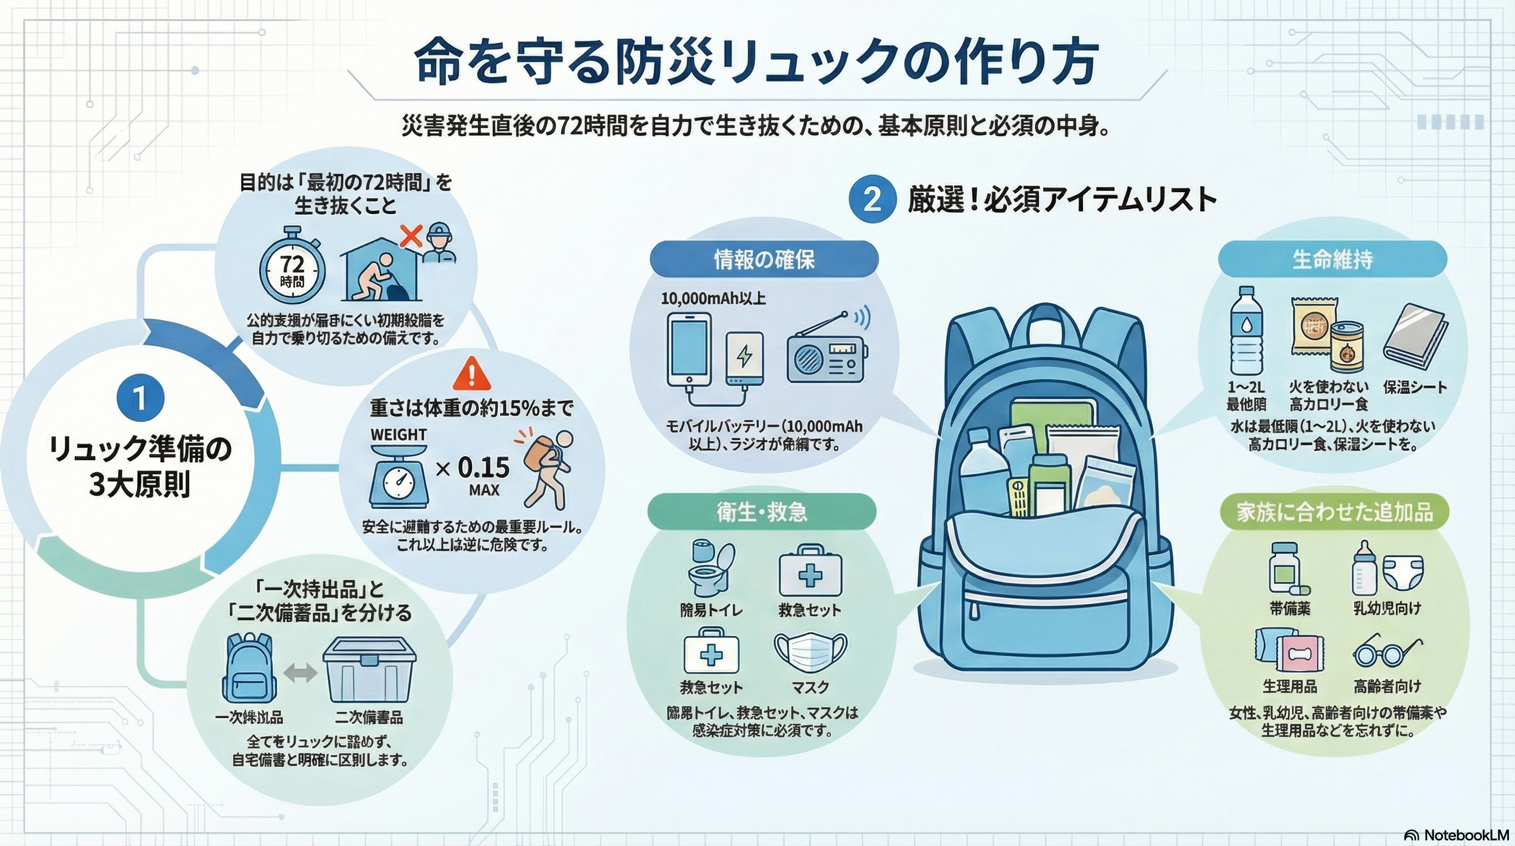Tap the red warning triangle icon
(472, 374)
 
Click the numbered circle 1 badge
(140, 398)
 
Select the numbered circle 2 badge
(872, 200)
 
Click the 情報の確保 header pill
(764, 259)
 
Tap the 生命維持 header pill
(1332, 259)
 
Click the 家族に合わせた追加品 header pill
(1334, 512)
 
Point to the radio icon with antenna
(828, 352)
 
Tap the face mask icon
(810, 653)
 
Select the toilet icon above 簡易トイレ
(712, 567)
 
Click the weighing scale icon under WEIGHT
(399, 477)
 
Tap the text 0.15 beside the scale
(483, 468)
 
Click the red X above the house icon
(411, 236)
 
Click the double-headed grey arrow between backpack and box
(300, 673)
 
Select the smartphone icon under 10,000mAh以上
(689, 351)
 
